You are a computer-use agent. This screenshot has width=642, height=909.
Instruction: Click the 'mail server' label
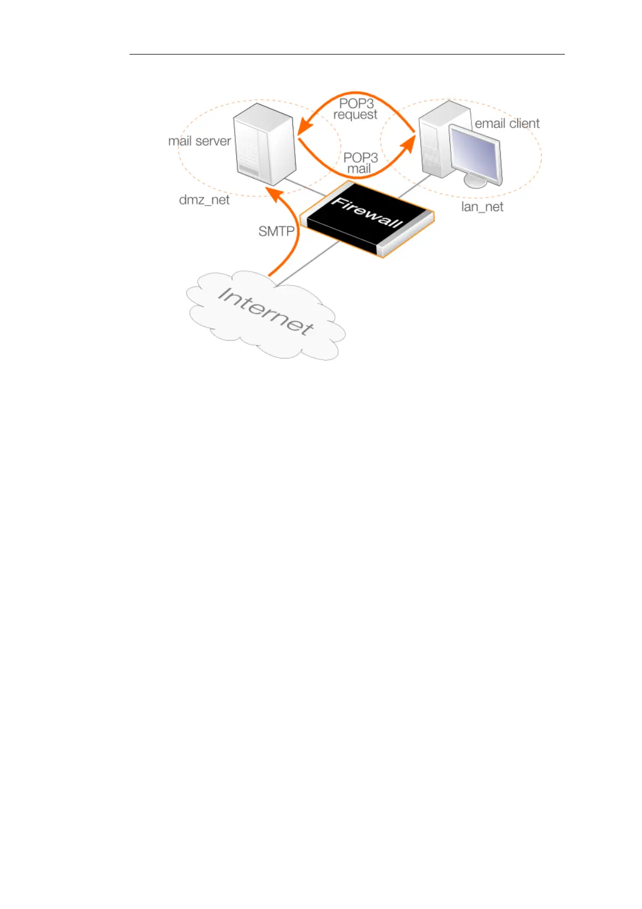pos(199,141)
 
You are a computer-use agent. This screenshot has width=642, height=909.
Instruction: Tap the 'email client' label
pos(507,124)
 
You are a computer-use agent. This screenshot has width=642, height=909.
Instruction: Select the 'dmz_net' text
pos(204,200)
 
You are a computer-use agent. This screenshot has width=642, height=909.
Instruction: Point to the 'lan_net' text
pos(482,207)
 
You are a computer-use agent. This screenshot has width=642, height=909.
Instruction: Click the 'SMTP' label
pos(276,232)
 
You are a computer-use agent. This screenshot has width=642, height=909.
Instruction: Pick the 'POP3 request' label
pos(356,108)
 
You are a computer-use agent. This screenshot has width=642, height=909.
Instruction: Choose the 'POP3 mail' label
pos(360,163)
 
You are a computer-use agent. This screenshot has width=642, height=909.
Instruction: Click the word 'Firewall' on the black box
pos(367,213)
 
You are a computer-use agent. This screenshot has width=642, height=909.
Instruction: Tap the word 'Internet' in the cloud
pos(265,311)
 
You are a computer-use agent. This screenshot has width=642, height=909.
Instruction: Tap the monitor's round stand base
pos(475,182)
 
